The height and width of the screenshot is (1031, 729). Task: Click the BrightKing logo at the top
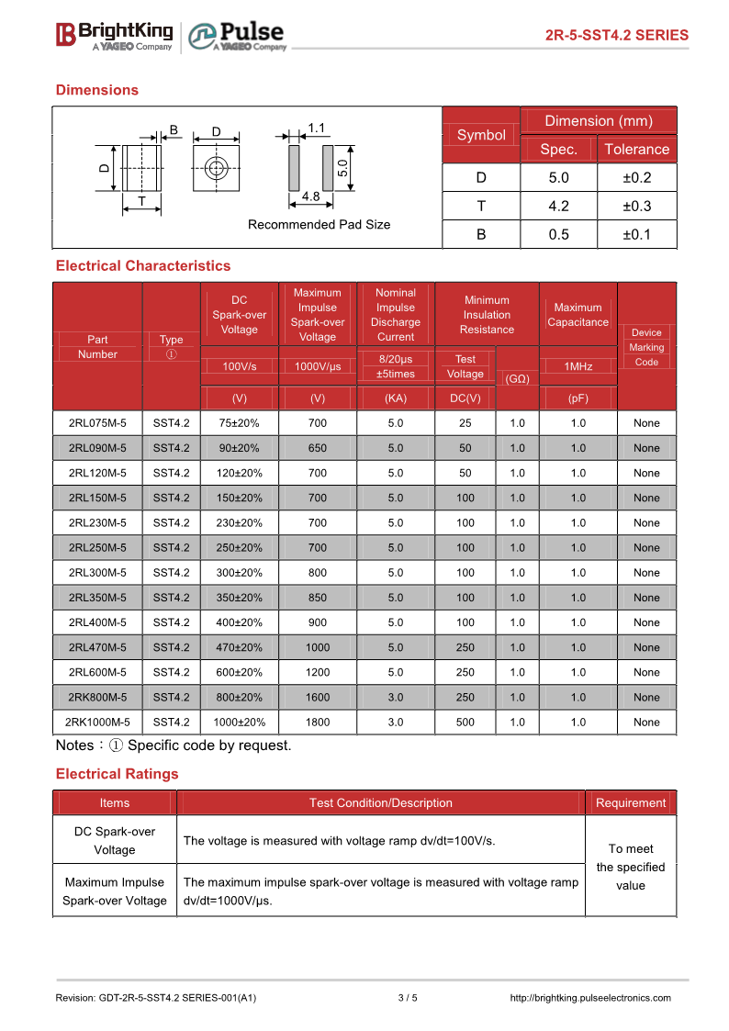tap(114, 36)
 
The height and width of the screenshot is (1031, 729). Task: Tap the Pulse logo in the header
tap(237, 37)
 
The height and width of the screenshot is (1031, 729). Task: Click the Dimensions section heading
tap(97, 90)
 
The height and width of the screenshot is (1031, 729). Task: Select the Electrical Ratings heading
tap(118, 774)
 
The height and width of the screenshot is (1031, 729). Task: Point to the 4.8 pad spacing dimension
tap(310, 196)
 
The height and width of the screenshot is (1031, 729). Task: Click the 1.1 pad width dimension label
tap(318, 129)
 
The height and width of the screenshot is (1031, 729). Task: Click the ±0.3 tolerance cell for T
tap(636, 206)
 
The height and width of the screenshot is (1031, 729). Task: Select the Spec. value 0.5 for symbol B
tap(558, 234)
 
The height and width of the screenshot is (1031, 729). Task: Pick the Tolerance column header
tap(636, 150)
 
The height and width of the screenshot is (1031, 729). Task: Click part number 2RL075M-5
tap(97, 423)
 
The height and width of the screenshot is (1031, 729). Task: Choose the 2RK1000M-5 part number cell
tap(97, 722)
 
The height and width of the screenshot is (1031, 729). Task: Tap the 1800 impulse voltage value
tap(318, 722)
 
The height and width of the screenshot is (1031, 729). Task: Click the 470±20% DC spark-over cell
tap(240, 647)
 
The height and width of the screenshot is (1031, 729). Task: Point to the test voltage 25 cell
tap(465, 423)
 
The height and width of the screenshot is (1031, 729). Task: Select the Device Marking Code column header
tap(646, 347)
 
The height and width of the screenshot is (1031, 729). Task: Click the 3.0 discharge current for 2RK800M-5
tap(396, 697)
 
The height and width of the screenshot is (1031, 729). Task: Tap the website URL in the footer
tap(589, 998)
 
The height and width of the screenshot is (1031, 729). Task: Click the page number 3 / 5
tap(408, 998)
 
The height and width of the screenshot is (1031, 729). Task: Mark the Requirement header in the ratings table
tap(631, 803)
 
